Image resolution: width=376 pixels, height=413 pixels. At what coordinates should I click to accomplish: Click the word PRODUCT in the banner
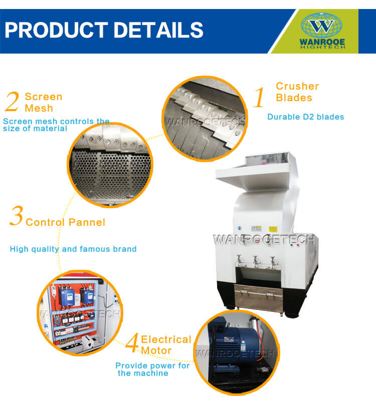tap(57, 30)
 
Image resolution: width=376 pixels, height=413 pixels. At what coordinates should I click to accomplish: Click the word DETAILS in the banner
tap(158, 30)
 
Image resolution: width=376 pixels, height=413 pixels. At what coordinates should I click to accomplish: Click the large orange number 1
tap(259, 97)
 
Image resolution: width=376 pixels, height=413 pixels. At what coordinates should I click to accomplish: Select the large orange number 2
tap(12, 102)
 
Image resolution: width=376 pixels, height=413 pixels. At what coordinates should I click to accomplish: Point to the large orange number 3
tap(17, 216)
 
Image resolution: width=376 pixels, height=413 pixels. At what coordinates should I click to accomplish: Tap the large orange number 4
tap(132, 342)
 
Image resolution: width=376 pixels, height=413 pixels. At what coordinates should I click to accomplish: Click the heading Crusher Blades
tap(297, 92)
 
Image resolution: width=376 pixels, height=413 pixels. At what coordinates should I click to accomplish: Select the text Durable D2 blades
tap(305, 117)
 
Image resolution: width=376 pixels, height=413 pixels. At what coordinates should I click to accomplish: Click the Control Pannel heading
tap(66, 222)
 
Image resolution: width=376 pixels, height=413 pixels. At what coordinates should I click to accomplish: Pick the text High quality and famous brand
tap(73, 249)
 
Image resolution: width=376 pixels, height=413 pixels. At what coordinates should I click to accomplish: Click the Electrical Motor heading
tap(166, 345)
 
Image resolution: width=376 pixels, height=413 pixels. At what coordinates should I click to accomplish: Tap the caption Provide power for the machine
tap(152, 369)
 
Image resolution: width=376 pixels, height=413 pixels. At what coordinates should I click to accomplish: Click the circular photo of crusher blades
tap(205, 119)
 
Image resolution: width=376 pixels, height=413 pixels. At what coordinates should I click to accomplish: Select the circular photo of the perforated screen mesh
tap(110, 165)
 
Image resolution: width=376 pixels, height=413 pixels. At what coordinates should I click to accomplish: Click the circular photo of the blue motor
tap(237, 353)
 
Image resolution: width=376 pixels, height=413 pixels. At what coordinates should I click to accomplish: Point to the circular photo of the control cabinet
tap(80, 313)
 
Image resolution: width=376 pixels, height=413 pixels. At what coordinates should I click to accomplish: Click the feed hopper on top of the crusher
tap(256, 171)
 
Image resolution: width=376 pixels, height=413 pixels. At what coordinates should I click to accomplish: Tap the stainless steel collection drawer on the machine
tap(259, 298)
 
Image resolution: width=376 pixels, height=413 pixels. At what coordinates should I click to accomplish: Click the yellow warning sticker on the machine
tap(273, 229)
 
